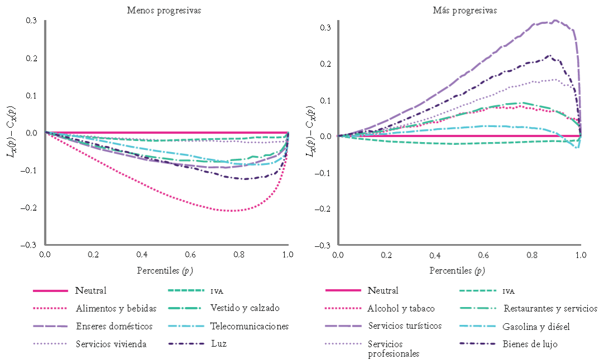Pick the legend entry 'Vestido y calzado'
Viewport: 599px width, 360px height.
point(245,308)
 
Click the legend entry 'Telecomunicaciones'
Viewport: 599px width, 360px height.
point(250,326)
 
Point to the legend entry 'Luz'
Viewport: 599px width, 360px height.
point(218,344)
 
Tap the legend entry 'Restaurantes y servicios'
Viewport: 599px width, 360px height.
point(550,308)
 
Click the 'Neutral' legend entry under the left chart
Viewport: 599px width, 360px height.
point(91,290)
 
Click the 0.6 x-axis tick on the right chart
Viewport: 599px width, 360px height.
point(483,255)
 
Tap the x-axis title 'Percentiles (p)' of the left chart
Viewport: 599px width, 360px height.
point(163,271)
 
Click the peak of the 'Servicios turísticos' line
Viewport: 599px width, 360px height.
point(554,21)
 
